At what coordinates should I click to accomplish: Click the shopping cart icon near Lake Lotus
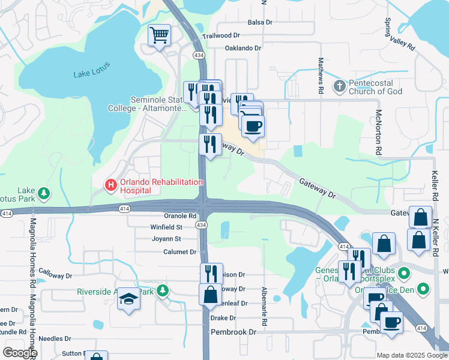(x=159, y=35)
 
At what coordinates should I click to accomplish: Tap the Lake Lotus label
(x=91, y=74)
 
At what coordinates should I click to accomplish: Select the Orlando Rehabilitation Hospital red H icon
(x=110, y=185)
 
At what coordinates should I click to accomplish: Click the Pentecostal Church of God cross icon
(x=340, y=86)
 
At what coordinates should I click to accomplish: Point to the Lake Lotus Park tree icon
(x=43, y=193)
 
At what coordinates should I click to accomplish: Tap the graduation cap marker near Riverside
(x=128, y=298)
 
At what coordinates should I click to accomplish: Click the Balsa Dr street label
(x=260, y=22)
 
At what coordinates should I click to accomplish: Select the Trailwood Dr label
(x=221, y=36)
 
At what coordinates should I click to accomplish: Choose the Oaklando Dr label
(x=243, y=48)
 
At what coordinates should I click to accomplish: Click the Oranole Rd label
(x=180, y=216)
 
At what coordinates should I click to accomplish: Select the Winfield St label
(x=166, y=227)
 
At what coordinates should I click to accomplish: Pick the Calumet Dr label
(x=180, y=252)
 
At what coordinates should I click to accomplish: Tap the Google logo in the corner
(x=20, y=352)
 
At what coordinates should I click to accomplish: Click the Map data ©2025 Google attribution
(x=412, y=355)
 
